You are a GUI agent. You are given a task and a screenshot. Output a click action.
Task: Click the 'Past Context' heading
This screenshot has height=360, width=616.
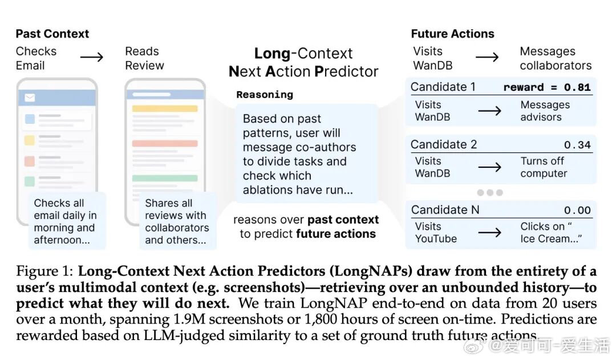(x=52, y=34)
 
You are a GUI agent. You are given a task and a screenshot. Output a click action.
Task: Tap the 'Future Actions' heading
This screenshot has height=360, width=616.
(x=452, y=34)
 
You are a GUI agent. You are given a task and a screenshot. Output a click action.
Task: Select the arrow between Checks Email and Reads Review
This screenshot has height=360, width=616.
(x=91, y=58)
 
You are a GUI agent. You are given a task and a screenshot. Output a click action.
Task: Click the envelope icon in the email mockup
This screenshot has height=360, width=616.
(x=30, y=98)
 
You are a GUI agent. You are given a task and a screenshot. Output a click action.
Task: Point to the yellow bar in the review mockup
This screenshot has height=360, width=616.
(x=165, y=108)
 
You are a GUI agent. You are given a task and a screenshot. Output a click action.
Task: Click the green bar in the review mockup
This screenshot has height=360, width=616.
(x=165, y=178)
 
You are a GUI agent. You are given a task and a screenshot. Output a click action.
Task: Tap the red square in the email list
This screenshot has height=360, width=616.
(x=30, y=161)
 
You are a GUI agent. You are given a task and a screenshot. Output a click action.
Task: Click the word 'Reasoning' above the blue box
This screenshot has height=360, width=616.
(x=265, y=95)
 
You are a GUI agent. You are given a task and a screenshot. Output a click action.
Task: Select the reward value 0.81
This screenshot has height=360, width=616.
(x=577, y=87)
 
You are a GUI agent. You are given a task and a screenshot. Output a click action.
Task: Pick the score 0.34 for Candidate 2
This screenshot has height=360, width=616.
(x=577, y=145)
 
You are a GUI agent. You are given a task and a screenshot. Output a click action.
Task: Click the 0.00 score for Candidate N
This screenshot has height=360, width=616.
(x=577, y=211)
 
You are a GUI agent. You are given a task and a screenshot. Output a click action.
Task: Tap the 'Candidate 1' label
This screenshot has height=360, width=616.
(x=443, y=87)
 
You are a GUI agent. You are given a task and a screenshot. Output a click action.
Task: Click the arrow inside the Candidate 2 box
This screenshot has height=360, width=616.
(x=489, y=167)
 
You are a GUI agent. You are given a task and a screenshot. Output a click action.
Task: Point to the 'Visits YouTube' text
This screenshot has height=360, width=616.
(x=436, y=233)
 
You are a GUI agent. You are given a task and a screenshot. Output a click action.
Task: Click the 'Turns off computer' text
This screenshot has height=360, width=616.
(x=544, y=167)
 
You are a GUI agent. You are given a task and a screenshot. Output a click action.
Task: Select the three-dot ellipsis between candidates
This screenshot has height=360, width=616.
(x=490, y=193)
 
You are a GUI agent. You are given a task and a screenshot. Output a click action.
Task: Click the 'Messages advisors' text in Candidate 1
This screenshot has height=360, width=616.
(x=545, y=111)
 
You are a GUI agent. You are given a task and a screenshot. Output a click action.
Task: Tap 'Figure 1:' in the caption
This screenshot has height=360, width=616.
(x=45, y=272)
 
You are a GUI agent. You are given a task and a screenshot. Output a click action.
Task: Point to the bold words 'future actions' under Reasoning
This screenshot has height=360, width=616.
(x=336, y=234)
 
